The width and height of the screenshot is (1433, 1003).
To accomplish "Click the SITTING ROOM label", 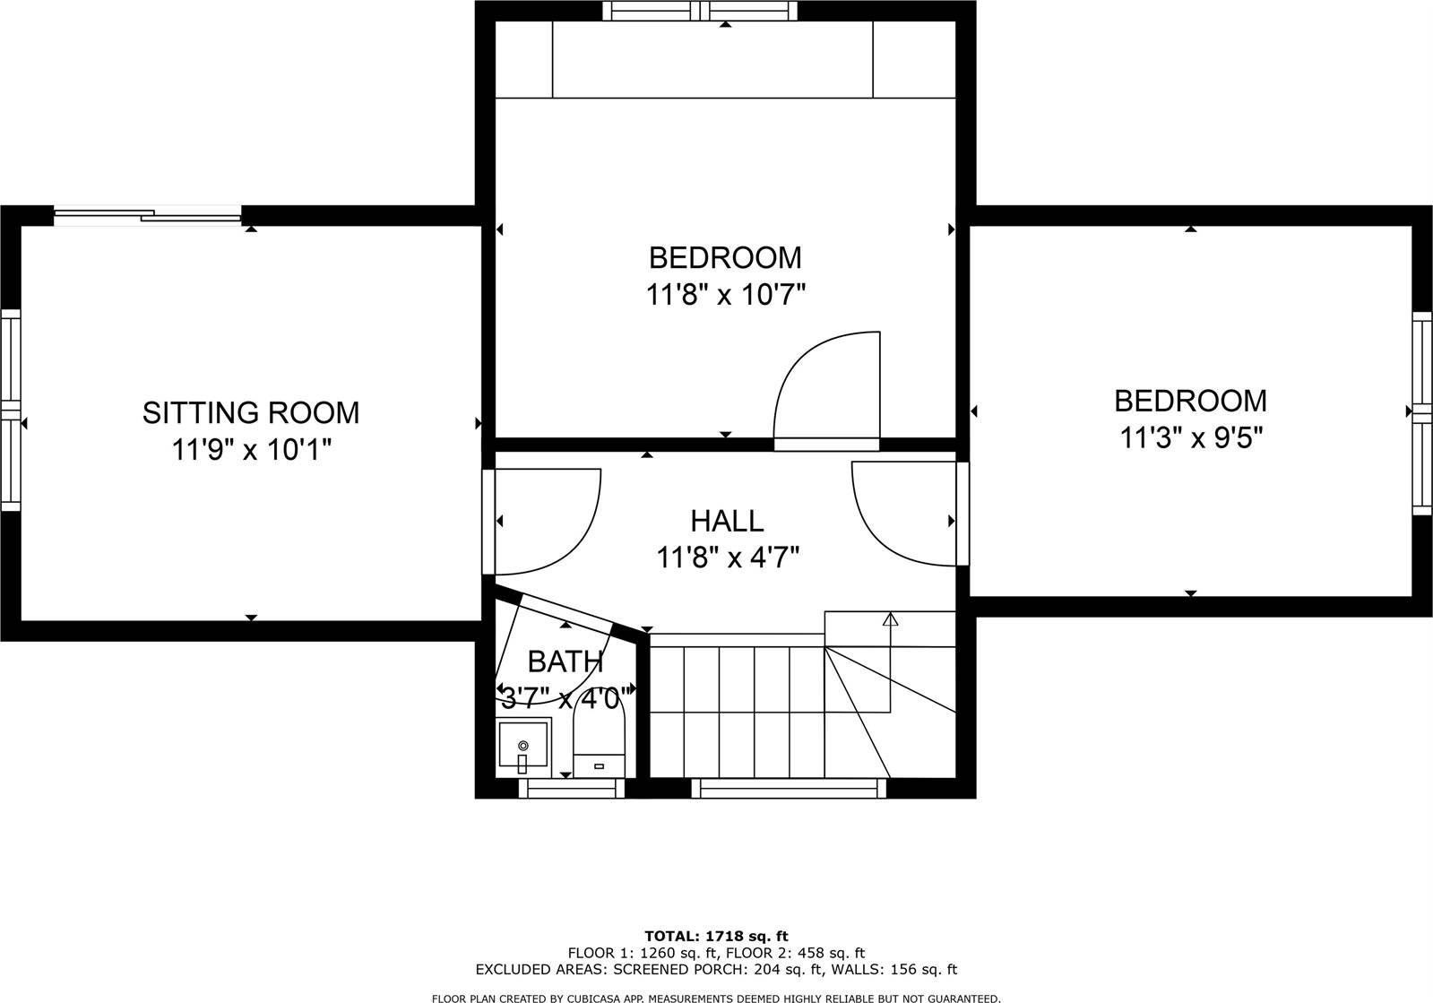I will (250, 412).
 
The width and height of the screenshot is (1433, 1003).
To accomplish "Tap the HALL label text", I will (727, 521).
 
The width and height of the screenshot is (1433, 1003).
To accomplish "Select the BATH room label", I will (565, 662).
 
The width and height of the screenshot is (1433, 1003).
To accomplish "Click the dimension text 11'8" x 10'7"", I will (726, 295).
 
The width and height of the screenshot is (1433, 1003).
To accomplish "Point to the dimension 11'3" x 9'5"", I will (1191, 437).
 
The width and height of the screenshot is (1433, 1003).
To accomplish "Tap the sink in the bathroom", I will (523, 746).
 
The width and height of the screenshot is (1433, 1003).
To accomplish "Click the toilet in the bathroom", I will (598, 735).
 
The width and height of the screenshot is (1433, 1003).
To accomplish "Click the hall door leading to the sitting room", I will (542, 520).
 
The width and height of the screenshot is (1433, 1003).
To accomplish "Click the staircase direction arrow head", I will (890, 618).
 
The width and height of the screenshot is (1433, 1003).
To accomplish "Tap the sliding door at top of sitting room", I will (148, 214).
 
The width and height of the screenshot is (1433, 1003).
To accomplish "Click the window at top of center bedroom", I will (699, 11).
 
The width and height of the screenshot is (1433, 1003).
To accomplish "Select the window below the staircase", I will (788, 788).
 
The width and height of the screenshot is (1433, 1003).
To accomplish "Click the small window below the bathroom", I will (572, 788).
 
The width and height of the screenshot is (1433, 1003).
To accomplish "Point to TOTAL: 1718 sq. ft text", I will (716, 937).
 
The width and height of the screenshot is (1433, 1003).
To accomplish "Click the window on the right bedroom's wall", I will (1422, 412).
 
